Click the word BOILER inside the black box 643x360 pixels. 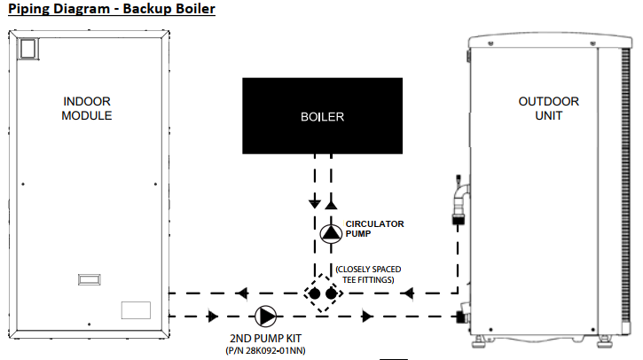(321, 116)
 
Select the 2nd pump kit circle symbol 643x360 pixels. (265, 316)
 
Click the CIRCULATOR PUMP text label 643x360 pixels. (374, 229)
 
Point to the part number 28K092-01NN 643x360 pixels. (265, 351)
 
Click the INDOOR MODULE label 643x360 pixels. (87, 109)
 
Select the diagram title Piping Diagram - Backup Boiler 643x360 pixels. (112, 9)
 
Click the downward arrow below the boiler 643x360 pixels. (313, 203)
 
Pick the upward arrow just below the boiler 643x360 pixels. (331, 203)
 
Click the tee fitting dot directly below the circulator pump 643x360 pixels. (331, 293)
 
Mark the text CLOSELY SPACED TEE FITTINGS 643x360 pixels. (376, 274)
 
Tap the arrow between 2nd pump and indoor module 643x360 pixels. (212, 316)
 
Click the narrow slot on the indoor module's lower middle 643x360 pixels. (90, 278)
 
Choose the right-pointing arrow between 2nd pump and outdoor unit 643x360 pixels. (365, 316)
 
